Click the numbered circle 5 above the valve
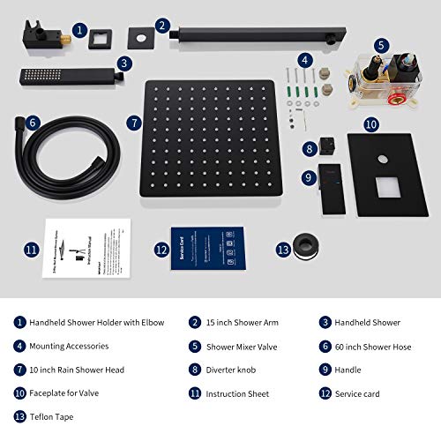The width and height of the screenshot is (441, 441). (x=380, y=45)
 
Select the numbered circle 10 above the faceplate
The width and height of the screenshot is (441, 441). (x=371, y=125)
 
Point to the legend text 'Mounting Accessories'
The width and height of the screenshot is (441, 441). (x=73, y=346)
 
